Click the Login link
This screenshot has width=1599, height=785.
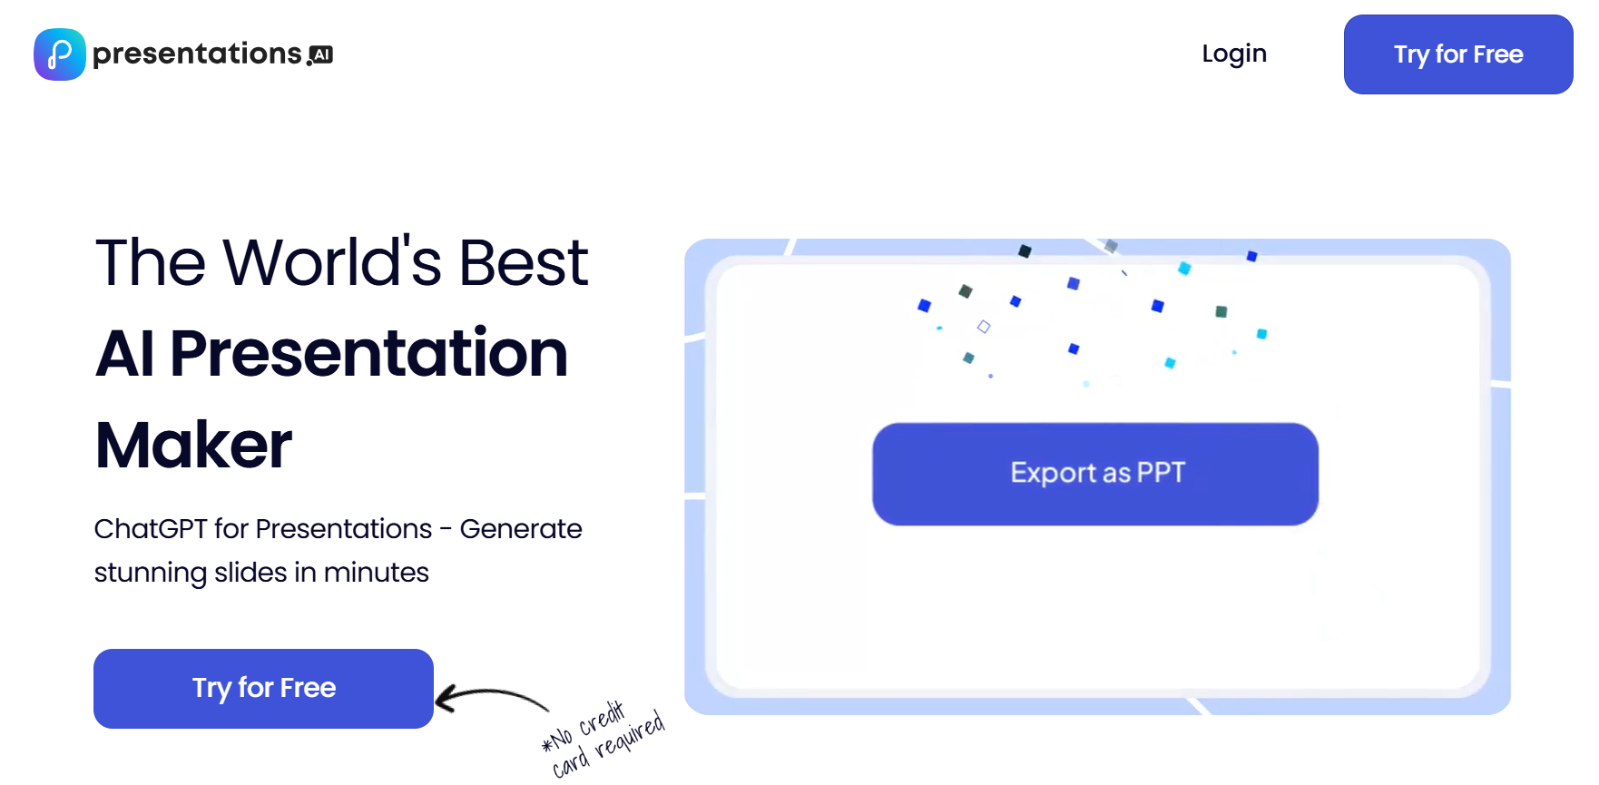pos(1234,54)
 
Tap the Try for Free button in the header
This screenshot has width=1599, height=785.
pos(1458,54)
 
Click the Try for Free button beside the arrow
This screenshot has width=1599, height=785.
pos(263,688)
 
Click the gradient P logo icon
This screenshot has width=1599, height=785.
pos(60,54)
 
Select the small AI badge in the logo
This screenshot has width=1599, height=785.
pos(322,54)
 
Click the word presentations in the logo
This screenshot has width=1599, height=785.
pos(197,54)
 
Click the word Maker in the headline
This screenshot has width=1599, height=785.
pos(193,445)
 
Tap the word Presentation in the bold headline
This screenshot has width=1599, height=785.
pos(368,353)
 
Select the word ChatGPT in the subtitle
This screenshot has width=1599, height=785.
pos(151,528)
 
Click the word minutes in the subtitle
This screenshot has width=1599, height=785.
pos(376,573)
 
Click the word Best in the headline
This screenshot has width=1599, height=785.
pos(524,262)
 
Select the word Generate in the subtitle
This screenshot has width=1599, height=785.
pos(521,528)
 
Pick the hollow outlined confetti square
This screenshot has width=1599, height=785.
pos(984,327)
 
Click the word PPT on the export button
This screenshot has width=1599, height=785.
pos(1161,473)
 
